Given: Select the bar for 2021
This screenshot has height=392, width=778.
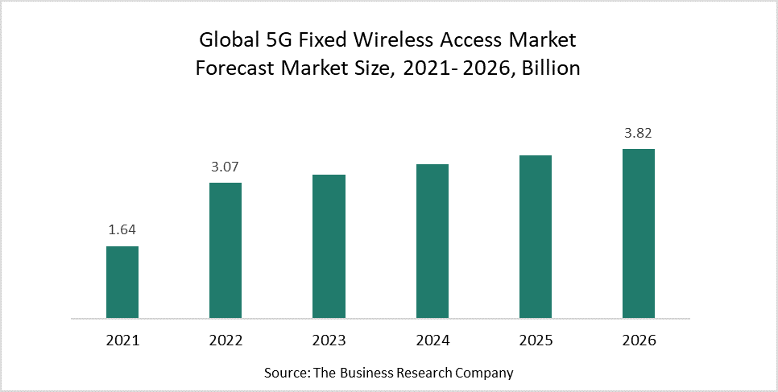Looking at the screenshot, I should coord(122,282).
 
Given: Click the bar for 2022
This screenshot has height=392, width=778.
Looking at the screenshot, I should coord(226,250).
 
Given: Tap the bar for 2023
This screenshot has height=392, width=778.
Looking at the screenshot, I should coord(329,246).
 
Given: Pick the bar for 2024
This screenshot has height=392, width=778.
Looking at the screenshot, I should coord(432,241).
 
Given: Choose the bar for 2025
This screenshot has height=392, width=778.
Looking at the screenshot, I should coord(536,236).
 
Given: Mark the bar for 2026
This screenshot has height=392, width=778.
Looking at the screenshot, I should coord(639,233).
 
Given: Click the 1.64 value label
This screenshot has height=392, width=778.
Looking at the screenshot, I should coord(122,230).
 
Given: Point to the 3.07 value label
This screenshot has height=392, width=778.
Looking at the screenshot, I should coord(226,167).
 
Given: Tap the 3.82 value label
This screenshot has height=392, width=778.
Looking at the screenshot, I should coord(639,133).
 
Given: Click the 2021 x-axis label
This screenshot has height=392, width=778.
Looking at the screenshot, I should coord(122,340).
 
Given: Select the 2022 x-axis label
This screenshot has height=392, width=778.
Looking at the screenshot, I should coord(226,340).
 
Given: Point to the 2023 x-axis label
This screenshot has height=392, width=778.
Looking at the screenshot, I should coord(329,340).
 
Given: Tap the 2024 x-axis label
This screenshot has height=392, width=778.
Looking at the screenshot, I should coord(432,340).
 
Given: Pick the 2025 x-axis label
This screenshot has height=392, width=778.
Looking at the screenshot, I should coord(536,340).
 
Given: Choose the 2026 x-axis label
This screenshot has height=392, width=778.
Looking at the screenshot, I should coord(639,340).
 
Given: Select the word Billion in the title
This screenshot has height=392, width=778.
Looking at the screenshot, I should coord(551,68).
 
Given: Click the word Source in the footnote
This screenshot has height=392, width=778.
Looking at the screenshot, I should coord(284,373).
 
